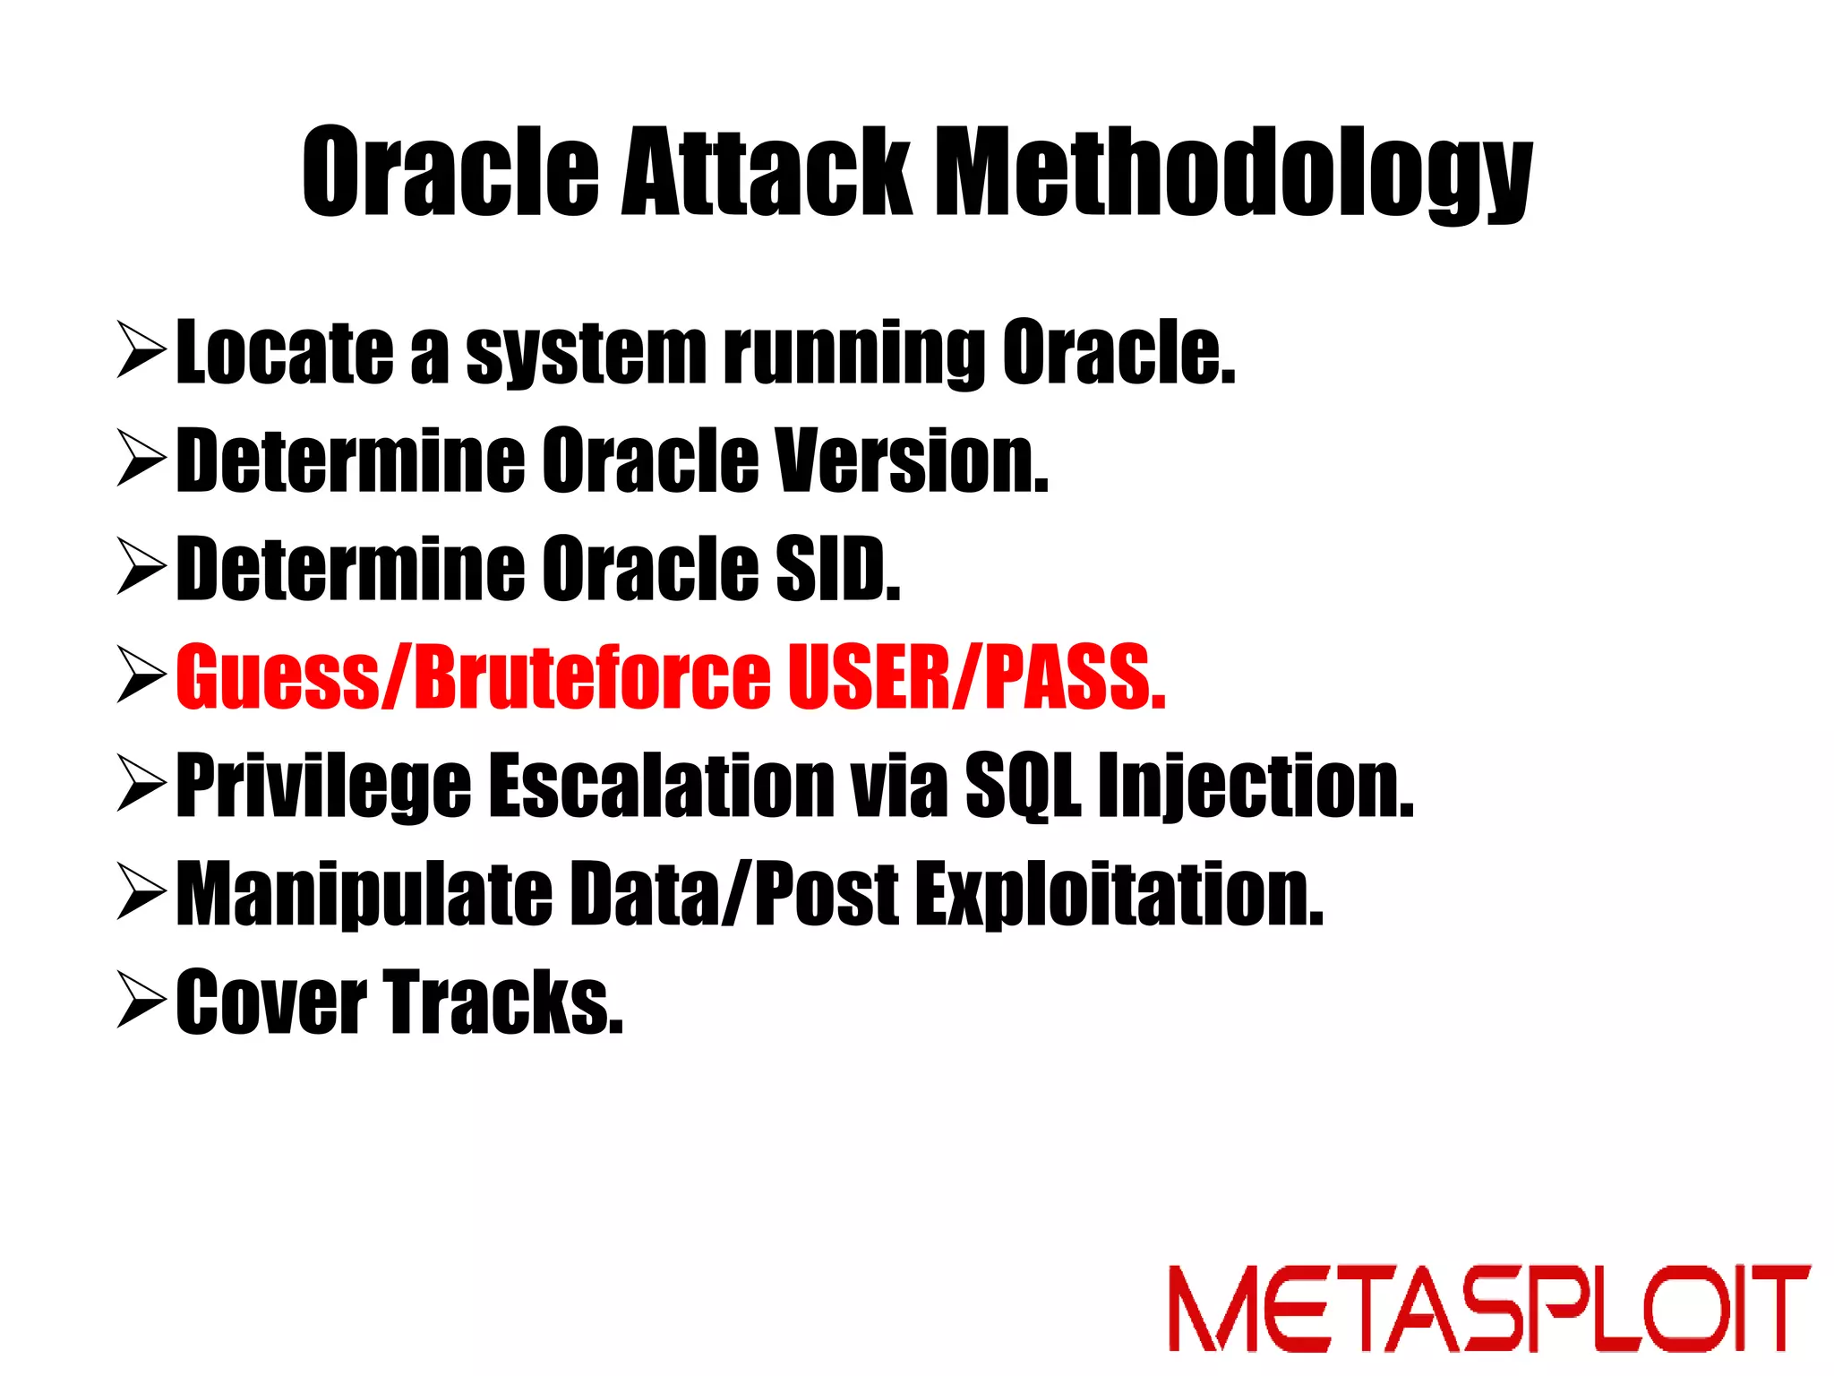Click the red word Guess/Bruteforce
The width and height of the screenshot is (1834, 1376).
pyautogui.click(x=473, y=677)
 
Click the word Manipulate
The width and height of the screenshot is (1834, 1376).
pyautogui.click(x=364, y=894)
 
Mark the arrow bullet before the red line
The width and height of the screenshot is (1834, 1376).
pyautogui.click(x=141, y=677)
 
